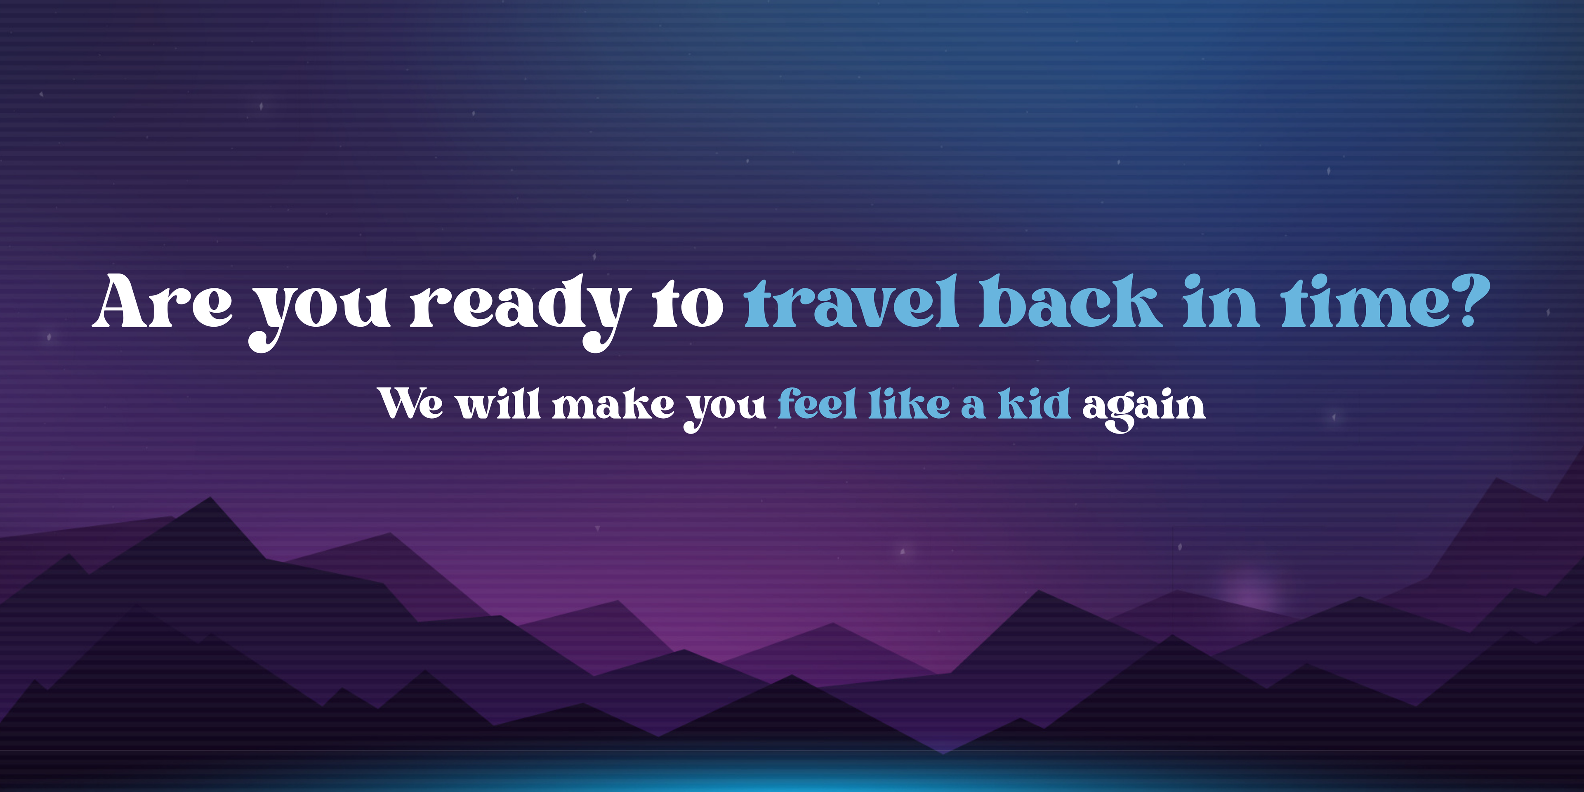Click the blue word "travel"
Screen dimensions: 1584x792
point(852,301)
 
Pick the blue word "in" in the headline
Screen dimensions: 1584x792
point(1221,301)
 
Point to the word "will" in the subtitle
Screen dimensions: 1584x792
point(498,403)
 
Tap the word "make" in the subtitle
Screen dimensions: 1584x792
point(613,403)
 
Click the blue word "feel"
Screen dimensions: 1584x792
point(817,403)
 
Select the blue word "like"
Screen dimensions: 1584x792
point(910,403)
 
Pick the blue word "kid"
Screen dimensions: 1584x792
point(1034,403)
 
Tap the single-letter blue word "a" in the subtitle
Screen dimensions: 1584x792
point(974,407)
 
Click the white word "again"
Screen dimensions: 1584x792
point(1144,408)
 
